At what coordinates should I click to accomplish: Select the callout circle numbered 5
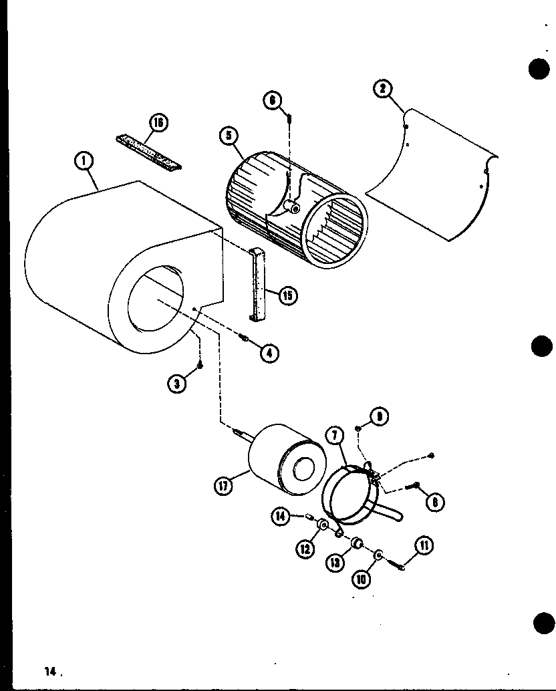[229, 136]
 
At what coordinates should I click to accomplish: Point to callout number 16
[158, 122]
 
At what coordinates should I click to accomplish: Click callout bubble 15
[288, 295]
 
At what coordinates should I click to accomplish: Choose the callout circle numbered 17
[223, 487]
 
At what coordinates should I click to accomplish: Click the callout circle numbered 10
[362, 577]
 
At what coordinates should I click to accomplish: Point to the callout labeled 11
[424, 547]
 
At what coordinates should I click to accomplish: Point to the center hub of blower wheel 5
[293, 207]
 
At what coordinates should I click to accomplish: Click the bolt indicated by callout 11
[400, 567]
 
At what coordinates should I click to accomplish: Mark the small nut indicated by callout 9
[358, 428]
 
